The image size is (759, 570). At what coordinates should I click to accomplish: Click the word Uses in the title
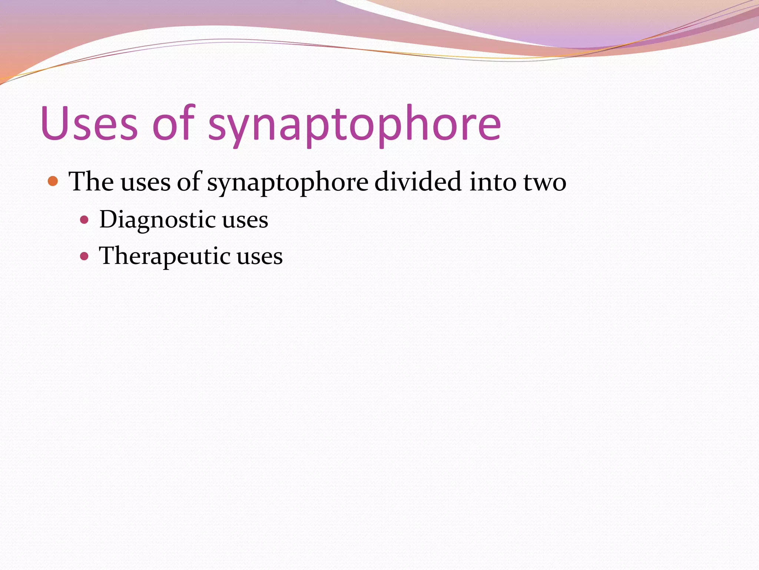(89, 123)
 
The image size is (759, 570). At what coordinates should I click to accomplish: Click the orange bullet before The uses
(53, 181)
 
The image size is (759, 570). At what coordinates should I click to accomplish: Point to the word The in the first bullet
(91, 181)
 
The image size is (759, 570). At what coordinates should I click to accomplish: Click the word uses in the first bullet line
(145, 183)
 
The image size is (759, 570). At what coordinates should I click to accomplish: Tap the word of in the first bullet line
(189, 181)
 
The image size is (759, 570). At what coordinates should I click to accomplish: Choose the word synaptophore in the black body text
(288, 183)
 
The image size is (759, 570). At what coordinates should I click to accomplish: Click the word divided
(418, 181)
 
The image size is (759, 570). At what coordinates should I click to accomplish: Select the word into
(492, 181)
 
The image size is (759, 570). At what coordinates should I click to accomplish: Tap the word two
(545, 183)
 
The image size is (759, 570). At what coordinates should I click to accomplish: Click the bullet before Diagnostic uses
(84, 220)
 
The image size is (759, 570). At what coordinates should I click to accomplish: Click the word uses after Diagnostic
(245, 220)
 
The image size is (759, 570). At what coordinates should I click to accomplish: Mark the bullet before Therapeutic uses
(84, 256)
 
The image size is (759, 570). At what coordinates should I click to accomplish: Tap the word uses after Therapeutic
(260, 257)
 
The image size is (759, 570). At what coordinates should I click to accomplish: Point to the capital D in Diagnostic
(109, 219)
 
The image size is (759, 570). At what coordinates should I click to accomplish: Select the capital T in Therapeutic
(107, 255)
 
